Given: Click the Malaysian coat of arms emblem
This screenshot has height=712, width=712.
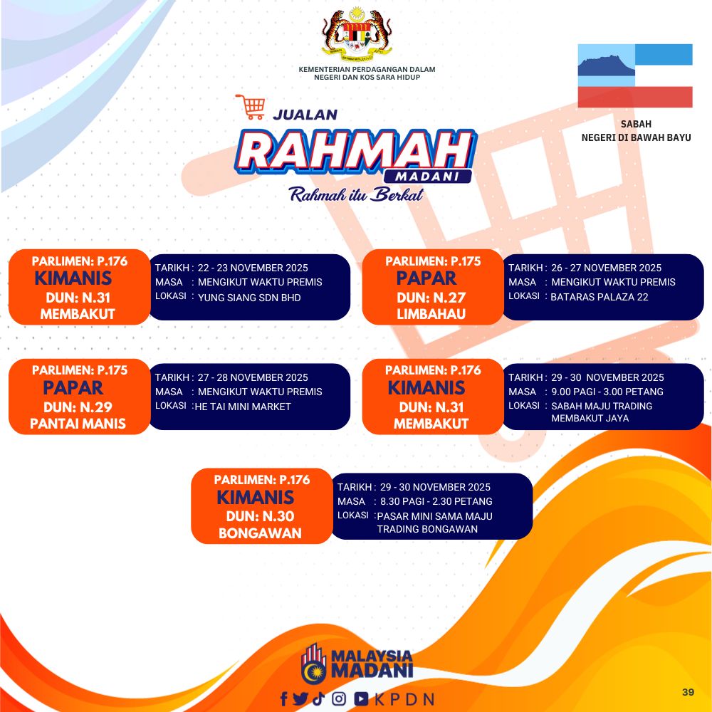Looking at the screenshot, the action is coord(357,32).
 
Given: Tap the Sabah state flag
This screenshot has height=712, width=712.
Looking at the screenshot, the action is coord(635,76).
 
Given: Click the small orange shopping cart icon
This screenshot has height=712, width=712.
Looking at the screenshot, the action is coord(250,107).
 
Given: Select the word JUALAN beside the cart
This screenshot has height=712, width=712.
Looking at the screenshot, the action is coord(305,115).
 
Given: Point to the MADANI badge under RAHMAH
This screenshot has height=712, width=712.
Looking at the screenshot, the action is coord(427,177).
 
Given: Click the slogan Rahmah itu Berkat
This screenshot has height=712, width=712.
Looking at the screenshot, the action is coord(357,194).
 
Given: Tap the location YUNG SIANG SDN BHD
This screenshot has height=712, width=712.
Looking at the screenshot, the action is coord(249,298).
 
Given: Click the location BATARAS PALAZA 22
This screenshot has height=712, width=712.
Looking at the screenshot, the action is coord(600,297).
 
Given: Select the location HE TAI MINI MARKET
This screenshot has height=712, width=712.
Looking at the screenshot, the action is coord(243,407).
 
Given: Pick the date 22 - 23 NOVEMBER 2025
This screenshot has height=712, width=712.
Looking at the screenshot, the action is coord(253,268).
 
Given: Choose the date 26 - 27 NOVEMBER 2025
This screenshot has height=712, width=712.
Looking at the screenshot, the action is coord(606,268).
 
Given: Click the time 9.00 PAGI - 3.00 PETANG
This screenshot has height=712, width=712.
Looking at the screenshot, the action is coord(607,392).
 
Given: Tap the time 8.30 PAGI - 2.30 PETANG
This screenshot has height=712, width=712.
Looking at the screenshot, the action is coord(436,501).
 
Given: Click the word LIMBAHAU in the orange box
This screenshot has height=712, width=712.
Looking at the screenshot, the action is coord(431,314).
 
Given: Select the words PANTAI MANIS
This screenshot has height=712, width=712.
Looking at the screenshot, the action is coord(78,424).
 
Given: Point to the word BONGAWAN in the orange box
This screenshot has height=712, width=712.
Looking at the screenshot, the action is coord(260,533).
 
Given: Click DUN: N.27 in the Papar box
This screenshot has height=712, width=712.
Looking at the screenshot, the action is coord(431,298).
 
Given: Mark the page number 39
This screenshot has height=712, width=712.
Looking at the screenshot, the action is coord(688,692).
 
